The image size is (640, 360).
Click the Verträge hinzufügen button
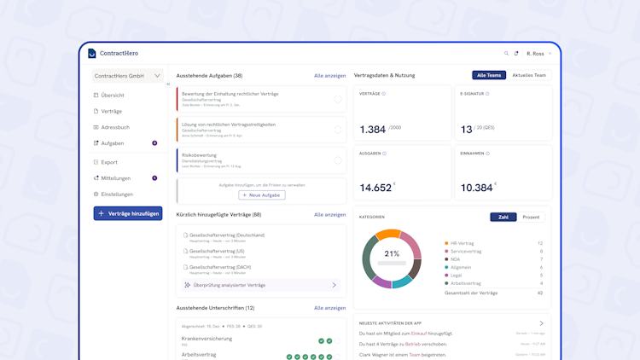click(128, 213)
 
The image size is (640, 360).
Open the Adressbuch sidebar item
click(115, 127)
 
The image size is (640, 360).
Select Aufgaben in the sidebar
click(113, 143)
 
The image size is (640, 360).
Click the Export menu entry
click(109, 162)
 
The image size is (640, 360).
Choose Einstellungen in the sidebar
click(117, 195)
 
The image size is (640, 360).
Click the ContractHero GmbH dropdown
click(127, 76)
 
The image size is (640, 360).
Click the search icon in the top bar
click(506, 54)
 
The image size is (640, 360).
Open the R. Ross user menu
click(539, 54)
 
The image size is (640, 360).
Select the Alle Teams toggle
click(489, 75)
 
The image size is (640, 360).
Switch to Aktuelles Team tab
click(529, 75)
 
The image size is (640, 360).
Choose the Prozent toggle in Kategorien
click(531, 217)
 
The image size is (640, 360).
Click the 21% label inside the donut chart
click(392, 253)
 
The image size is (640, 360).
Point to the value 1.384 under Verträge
click(373, 130)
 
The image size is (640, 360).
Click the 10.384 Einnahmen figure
click(476, 188)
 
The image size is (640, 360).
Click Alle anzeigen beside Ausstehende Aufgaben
click(329, 76)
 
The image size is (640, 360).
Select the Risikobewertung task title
click(200, 155)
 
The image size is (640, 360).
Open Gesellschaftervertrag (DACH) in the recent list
click(220, 267)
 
